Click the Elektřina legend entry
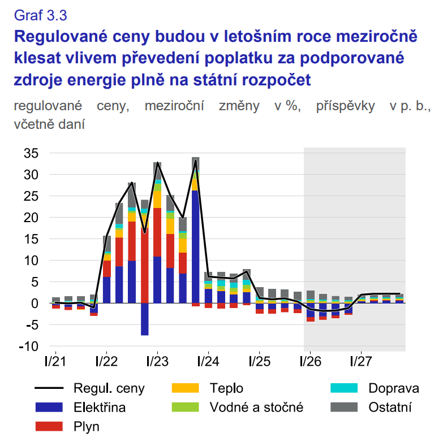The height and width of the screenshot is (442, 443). (99, 407)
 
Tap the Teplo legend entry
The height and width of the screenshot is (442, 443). (226, 388)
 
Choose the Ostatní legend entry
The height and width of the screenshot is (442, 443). (390, 407)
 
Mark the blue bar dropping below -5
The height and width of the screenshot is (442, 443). (144, 319)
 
